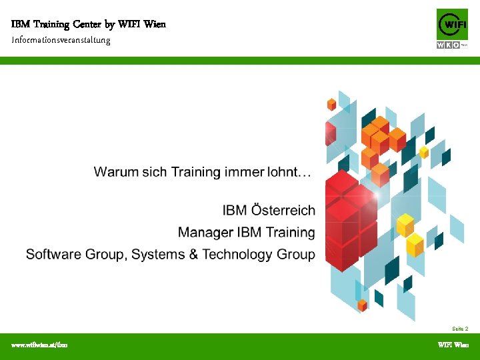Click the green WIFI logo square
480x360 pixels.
(452, 25)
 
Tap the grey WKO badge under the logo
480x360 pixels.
(449, 45)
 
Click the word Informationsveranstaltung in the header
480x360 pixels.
(61, 40)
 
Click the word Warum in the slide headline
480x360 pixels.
(115, 172)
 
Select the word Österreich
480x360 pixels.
(283, 211)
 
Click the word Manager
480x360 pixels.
(205, 233)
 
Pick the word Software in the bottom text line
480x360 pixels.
(53, 255)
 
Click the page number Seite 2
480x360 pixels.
(460, 329)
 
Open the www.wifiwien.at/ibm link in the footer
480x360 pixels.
(39, 345)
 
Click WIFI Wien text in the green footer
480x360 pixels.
(453, 345)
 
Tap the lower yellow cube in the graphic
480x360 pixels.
(415, 244)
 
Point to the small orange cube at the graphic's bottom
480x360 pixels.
(362, 305)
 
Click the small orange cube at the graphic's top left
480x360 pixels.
(331, 104)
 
